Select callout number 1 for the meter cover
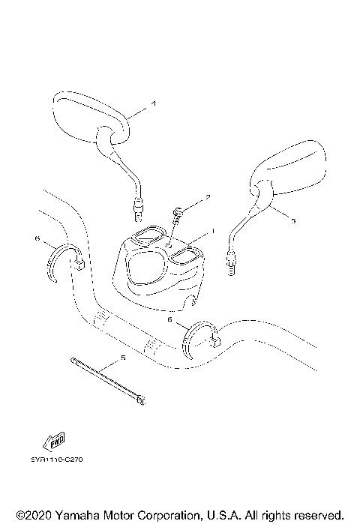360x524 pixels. (212, 232)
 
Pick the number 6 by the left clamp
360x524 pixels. (37, 238)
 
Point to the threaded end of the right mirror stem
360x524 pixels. (232, 260)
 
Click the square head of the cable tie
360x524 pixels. (139, 400)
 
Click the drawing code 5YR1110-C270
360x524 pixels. (57, 460)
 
